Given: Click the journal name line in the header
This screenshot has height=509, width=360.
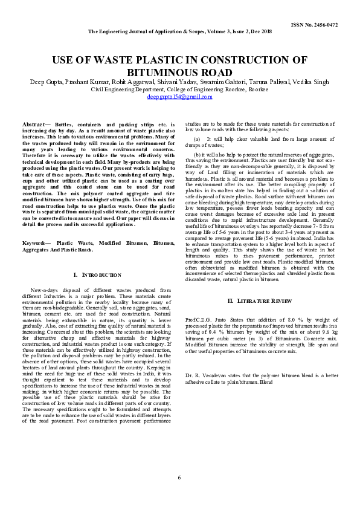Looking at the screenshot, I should (x=179, y=31).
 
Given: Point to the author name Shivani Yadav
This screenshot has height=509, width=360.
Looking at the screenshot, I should (x=191, y=81).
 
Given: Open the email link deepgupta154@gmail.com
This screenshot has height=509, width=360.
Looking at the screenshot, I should (x=179, y=96).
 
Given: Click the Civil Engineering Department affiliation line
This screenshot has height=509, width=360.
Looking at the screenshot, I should (x=179, y=89).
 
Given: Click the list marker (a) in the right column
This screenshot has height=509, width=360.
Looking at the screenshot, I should (x=196, y=139).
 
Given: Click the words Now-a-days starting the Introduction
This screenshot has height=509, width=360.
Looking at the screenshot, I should (x=43, y=291).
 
